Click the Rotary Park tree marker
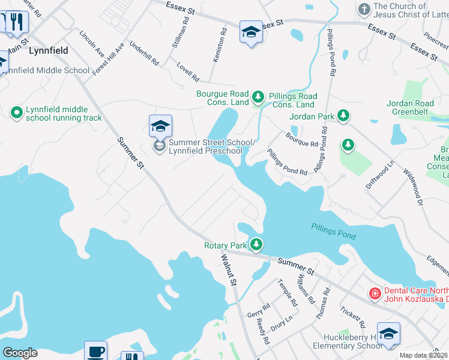(256, 244)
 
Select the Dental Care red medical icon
(375, 293)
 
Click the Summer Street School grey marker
(159, 145)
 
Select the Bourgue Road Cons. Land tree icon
(258, 96)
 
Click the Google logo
(20, 353)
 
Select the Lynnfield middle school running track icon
(16, 112)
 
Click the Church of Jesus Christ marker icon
(364, 9)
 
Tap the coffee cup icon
(95, 351)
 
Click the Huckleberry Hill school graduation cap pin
(388, 334)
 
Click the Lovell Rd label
(188, 71)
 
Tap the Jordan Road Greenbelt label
(418, 107)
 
